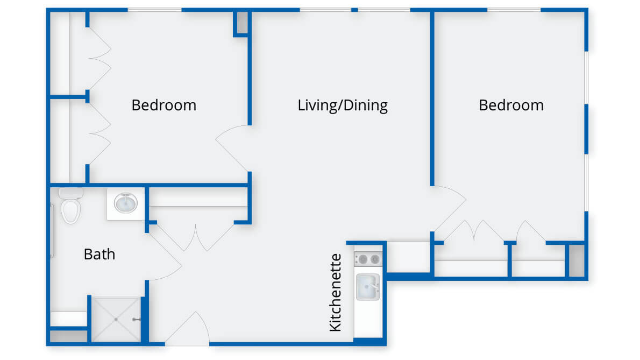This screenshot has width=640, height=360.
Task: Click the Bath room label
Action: (x=99, y=255)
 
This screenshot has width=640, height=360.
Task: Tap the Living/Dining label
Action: (x=343, y=105)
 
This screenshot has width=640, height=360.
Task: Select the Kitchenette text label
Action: (x=335, y=292)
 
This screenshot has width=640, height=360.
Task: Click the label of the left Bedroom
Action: (x=163, y=105)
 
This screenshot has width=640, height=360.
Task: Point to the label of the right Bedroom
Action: (x=511, y=105)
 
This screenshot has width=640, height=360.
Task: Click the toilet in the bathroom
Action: (x=70, y=206)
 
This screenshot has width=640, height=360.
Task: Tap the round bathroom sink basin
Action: (x=126, y=203)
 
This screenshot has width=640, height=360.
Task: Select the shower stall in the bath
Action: (x=116, y=319)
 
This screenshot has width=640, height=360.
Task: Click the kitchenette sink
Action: (x=368, y=287)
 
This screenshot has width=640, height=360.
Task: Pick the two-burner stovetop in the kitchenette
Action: (x=368, y=259)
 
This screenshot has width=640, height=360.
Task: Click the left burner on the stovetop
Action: (x=362, y=259)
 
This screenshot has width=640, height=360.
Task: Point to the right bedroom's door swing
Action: (x=450, y=209)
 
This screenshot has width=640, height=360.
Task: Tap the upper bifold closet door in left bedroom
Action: (x=99, y=58)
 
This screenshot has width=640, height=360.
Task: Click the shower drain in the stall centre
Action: (x=116, y=319)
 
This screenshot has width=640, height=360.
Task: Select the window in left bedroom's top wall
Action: (x=155, y=10)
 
